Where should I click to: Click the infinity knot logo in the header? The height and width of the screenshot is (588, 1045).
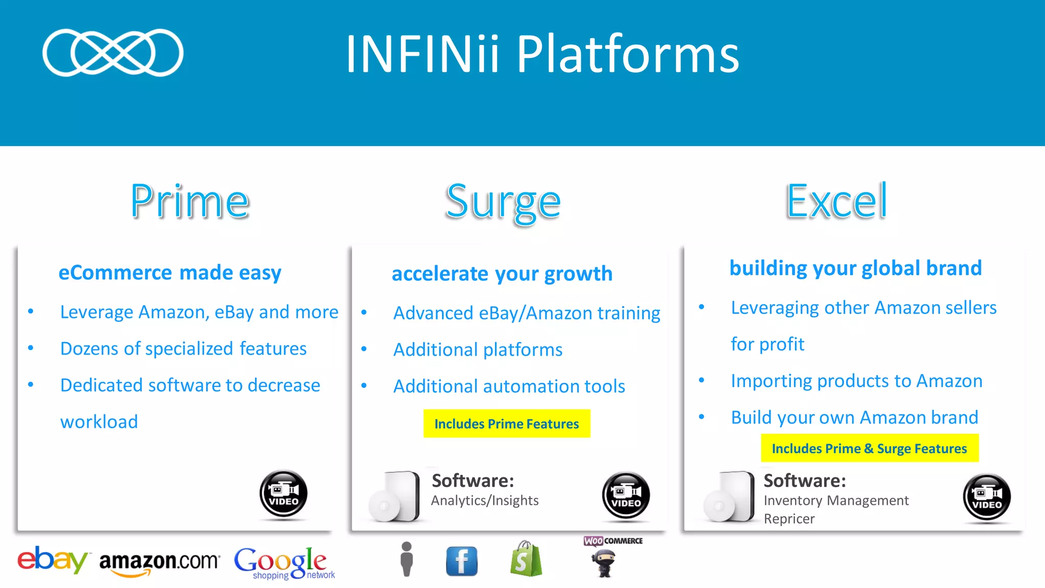coord(113,53)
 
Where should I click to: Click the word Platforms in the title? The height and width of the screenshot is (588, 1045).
coord(628,54)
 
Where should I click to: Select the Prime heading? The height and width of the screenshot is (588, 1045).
coord(190,202)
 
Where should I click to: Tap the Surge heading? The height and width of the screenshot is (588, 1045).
coord(503,203)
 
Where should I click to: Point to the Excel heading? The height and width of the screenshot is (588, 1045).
coord(836,202)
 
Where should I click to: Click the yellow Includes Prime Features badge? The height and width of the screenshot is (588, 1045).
coord(507,424)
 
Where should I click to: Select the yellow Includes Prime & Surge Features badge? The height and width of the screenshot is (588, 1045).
coord(869,448)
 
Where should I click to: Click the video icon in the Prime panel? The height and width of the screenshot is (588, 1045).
coord(284,494)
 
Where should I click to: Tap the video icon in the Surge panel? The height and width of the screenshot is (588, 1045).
coord(626,496)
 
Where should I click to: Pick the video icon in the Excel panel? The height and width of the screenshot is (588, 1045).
coord(987,497)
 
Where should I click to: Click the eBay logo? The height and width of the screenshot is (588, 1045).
coord(53,560)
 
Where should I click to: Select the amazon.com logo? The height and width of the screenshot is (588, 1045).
coord(159,562)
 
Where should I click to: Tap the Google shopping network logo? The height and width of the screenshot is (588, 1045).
coord(284,563)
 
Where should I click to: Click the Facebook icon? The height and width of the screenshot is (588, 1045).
coord(462,561)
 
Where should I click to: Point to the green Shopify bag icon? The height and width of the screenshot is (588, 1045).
coord(526,559)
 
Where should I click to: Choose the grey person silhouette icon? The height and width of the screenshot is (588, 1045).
coord(407,559)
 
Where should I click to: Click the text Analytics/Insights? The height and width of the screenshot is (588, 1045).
coord(485,501)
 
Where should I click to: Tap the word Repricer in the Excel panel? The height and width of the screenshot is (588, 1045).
coord(789,519)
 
